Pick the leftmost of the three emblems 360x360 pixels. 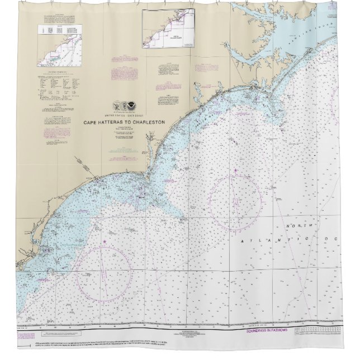[116, 105]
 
